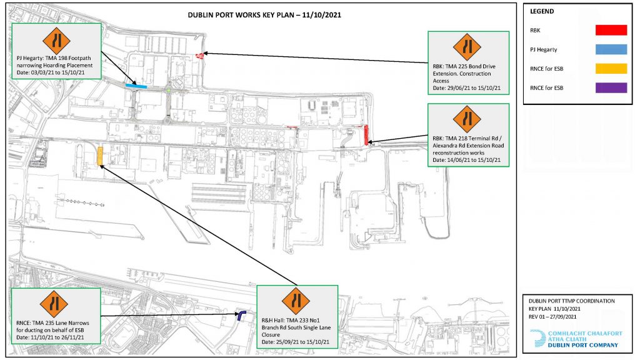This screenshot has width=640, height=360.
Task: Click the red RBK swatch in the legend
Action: click(x=611, y=30)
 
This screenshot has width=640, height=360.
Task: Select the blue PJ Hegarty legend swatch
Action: click(x=611, y=49)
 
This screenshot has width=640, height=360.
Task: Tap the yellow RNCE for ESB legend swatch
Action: click(x=611, y=69)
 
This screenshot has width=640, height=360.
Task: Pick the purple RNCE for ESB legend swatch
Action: click(x=611, y=87)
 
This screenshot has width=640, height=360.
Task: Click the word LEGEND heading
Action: click(x=542, y=11)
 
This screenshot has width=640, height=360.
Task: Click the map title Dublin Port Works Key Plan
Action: click(x=264, y=15)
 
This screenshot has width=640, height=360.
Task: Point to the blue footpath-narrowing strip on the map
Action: click(x=136, y=86)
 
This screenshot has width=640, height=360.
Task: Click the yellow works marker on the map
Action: click(x=100, y=157)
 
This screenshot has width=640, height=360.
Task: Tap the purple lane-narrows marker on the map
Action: click(x=241, y=315)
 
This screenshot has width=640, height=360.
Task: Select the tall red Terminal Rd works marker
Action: click(x=366, y=135)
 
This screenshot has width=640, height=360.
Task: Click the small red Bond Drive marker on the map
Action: click(x=200, y=56)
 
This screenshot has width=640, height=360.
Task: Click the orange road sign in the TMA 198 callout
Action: click(x=56, y=41)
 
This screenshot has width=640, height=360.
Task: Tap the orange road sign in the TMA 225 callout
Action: click(x=467, y=47)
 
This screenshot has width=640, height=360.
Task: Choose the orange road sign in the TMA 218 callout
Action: click(x=467, y=119)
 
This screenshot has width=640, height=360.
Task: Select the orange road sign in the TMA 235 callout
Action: click(x=54, y=304)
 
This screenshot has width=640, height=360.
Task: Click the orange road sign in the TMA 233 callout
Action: click(x=296, y=301)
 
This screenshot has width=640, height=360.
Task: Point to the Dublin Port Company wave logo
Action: click(x=537, y=338)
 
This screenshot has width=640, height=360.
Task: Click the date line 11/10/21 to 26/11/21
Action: click(x=50, y=337)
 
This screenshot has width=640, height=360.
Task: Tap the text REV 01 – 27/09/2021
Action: click(x=552, y=317)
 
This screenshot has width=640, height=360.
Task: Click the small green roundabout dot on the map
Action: click(x=169, y=90)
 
